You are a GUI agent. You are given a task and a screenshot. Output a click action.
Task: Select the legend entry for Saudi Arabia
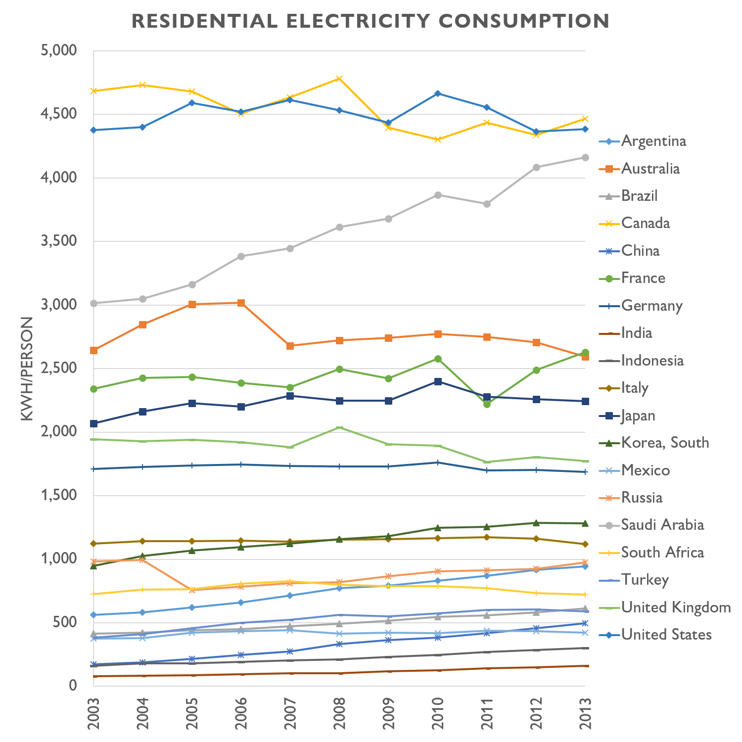[x=662, y=525]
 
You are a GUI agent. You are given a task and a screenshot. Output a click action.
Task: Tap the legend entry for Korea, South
[x=665, y=443]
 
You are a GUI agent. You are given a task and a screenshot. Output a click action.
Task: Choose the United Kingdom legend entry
[x=676, y=607]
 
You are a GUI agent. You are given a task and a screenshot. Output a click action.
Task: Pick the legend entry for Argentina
[x=653, y=141]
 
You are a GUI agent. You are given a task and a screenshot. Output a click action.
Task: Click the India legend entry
[x=636, y=333]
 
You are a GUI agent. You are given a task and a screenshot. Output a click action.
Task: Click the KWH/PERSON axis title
[x=27, y=369]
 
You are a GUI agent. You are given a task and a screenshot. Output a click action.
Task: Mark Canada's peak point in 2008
[x=339, y=79]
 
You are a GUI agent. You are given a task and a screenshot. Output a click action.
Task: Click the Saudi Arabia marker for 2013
[x=585, y=157]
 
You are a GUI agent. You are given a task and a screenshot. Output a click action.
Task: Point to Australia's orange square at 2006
[x=241, y=303]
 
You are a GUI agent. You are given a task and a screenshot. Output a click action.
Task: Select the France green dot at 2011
[x=487, y=404]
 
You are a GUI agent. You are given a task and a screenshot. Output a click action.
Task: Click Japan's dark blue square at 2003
[x=93, y=423]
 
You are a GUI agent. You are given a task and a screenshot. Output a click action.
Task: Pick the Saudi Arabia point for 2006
[x=241, y=256]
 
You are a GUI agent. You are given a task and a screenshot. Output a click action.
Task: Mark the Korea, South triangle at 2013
[x=585, y=523]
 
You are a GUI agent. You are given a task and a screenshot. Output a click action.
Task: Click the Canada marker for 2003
[x=93, y=91]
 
